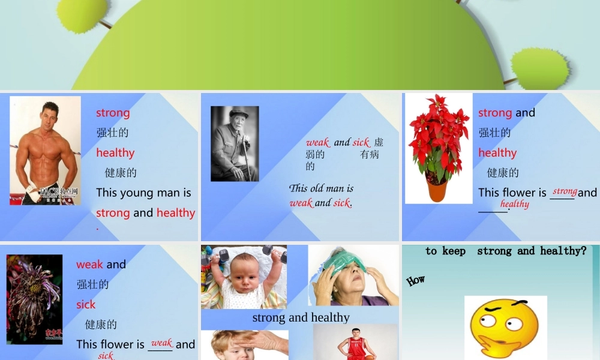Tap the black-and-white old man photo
coord(235,144)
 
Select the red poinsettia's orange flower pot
coord(437,189)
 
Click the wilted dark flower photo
coord(34,299)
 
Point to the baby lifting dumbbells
coord(244,278)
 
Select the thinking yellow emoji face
coord(505,328)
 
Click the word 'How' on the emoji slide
coord(415,280)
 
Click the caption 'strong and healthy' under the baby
coord(301,317)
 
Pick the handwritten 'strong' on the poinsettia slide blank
coord(565,191)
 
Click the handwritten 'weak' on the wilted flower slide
coord(161,343)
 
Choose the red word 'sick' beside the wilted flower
coord(86,304)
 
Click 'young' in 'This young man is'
coord(137,193)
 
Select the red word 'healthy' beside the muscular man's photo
coord(115,152)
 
